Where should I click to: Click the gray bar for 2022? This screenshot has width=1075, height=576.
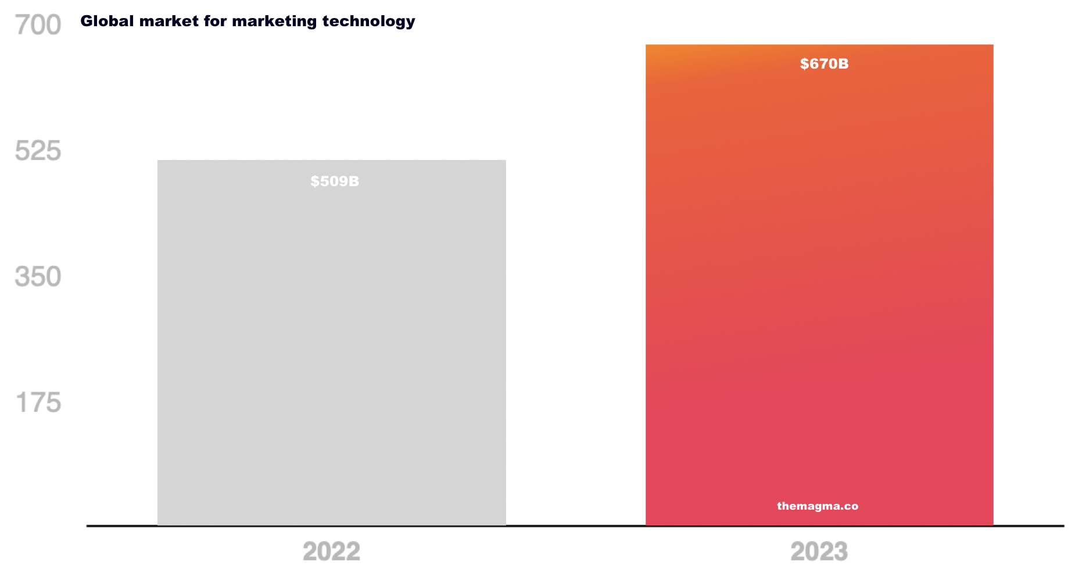point(331,349)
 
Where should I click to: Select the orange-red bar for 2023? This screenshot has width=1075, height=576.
point(819,291)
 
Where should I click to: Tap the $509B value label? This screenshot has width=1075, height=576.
point(335,182)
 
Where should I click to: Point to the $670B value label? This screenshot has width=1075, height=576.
point(824,64)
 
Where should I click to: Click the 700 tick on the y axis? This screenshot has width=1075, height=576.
point(38,25)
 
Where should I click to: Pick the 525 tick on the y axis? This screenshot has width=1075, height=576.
point(38,151)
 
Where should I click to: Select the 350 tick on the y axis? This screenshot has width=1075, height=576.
point(38,277)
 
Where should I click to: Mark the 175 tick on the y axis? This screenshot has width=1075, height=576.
point(38,403)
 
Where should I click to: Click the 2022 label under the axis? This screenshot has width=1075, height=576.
point(331,552)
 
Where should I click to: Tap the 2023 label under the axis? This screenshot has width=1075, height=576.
point(819,552)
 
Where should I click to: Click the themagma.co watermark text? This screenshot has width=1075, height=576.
point(818,506)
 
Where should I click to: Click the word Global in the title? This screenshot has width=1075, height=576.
point(107,21)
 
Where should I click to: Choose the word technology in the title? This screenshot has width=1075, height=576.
point(368,22)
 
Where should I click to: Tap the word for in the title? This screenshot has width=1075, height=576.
point(215,21)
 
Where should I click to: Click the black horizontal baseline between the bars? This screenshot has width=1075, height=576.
point(575,526)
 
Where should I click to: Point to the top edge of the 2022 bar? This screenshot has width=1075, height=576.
point(331,161)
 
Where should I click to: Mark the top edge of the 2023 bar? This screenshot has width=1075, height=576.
point(819,45)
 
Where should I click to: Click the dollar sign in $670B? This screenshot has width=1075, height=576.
point(804,64)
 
